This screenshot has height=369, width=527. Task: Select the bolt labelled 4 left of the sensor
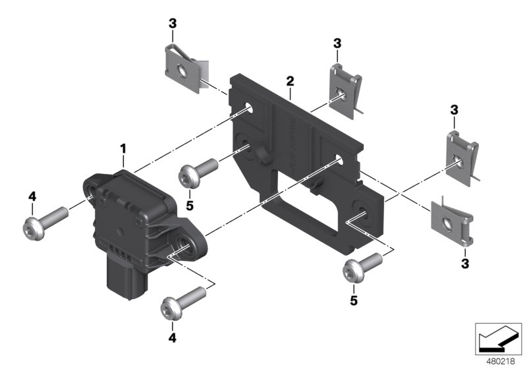coord(46,220)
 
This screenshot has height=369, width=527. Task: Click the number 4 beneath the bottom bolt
coord(173,338)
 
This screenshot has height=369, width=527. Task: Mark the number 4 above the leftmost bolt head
coord(31,196)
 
